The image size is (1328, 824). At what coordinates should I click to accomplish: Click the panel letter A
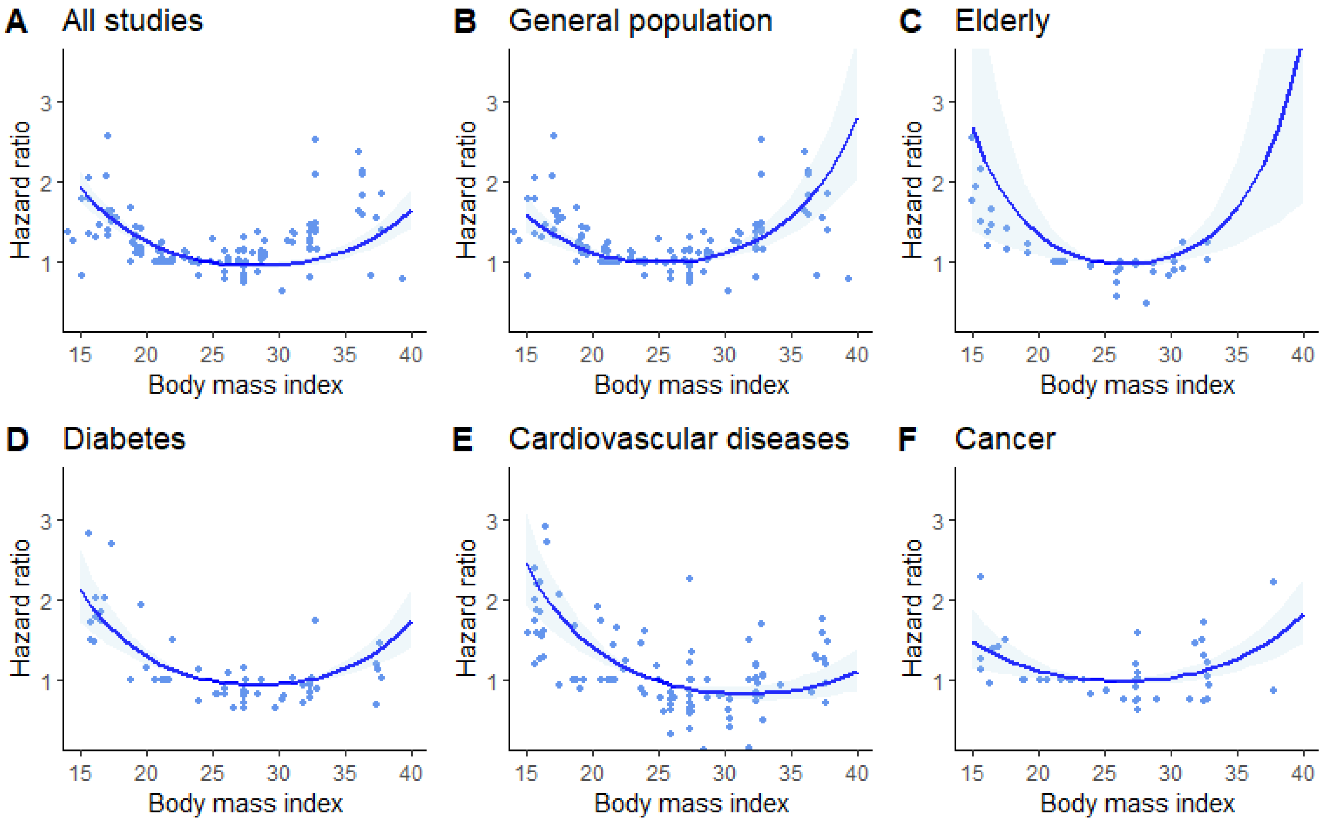[16, 22]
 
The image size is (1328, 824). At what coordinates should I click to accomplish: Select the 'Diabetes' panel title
[124, 439]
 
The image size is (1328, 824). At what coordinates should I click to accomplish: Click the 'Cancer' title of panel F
[1005, 439]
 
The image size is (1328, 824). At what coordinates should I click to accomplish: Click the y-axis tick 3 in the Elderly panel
[938, 103]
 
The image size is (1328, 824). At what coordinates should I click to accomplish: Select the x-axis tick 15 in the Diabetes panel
[81, 773]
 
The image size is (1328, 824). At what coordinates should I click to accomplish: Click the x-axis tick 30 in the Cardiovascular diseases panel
[724, 773]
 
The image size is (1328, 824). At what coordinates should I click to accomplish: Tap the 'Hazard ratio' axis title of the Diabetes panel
[21, 608]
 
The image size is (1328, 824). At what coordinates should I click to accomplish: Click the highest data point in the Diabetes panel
[88, 533]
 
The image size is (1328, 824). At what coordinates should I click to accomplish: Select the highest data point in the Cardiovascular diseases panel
[545, 526]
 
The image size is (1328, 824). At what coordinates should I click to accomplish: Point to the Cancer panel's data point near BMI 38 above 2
[1274, 582]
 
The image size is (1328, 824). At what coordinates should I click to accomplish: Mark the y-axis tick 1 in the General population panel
[492, 263]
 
